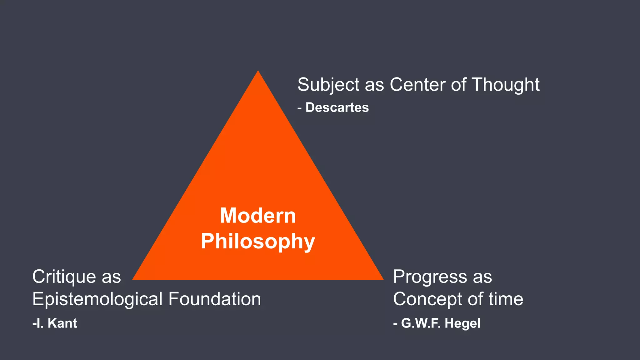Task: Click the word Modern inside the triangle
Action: [258, 216]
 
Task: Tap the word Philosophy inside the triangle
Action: [258, 242]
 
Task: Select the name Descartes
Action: [337, 107]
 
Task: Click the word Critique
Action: [64, 277]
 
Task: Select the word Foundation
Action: [215, 299]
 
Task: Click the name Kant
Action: [62, 323]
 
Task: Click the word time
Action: [506, 299]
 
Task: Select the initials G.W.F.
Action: [421, 323]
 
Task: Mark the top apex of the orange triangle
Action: [258, 72]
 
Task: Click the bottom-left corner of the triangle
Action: [133, 279]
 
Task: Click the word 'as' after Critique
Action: [111, 277]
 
